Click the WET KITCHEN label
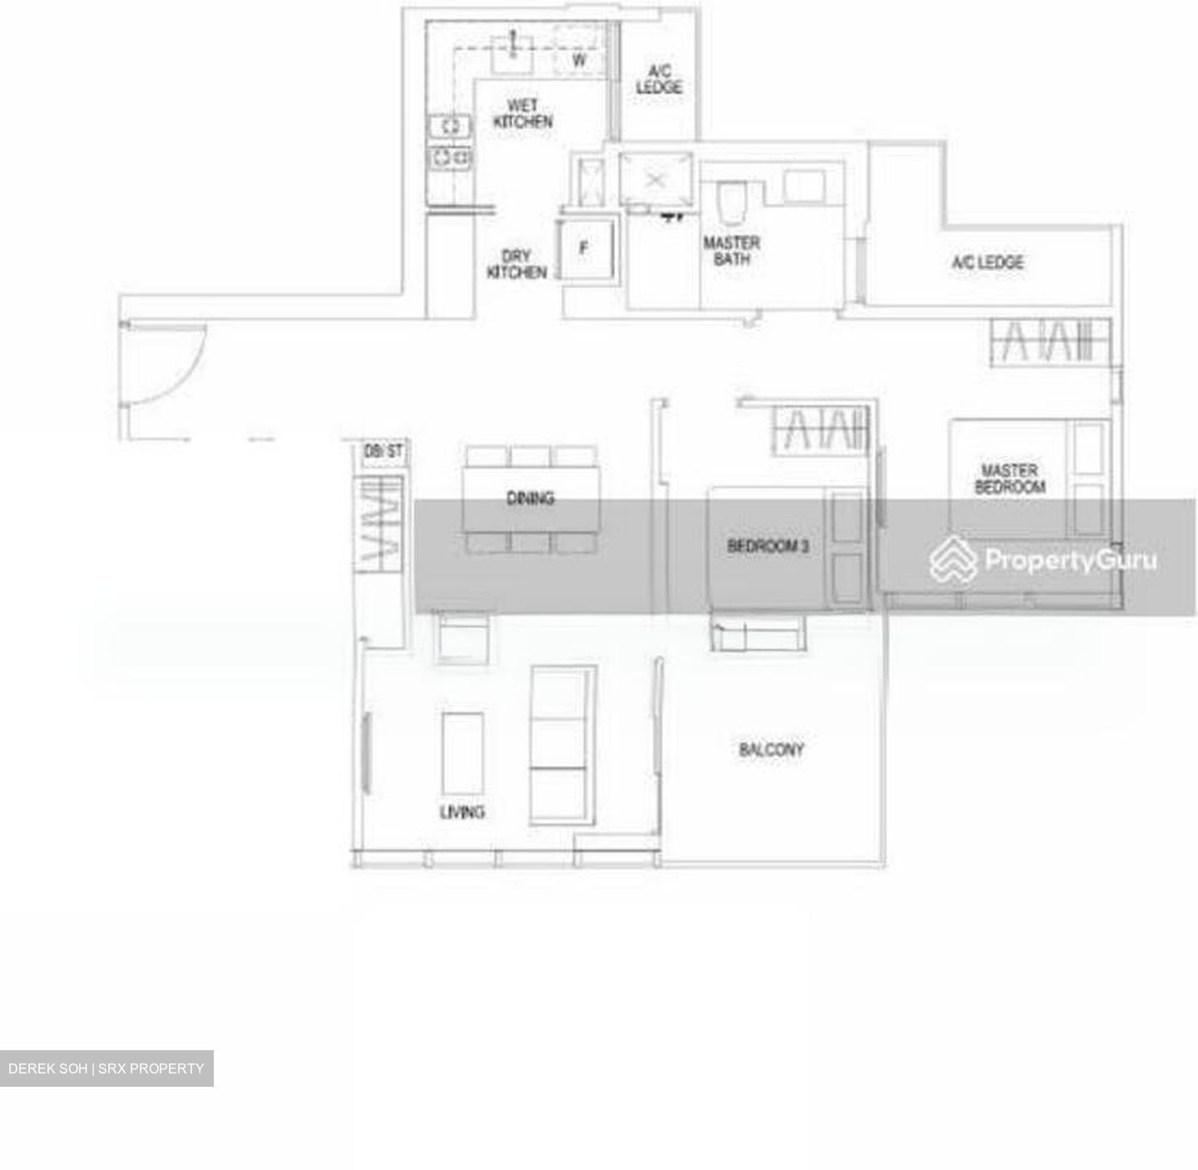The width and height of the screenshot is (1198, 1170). pos(522,113)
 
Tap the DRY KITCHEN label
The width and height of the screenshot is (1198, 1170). pos(517,265)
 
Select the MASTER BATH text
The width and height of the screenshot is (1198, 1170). pos(731,250)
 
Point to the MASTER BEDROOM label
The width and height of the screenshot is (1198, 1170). pos(1009,478)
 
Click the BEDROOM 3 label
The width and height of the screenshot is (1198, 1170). pos(768,547)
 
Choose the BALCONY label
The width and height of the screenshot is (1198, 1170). pos(771,750)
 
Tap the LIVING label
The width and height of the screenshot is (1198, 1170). pos(463,811)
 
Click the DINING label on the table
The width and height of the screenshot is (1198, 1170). pos(530,498)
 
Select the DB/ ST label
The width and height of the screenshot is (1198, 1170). pos(383,451)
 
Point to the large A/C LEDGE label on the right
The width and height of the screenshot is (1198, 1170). pos(988,263)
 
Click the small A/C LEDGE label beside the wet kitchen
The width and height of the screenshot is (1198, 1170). pos(659,79)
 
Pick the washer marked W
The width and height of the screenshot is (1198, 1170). pos(579,60)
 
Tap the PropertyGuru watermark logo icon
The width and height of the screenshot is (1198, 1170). pos(953,559)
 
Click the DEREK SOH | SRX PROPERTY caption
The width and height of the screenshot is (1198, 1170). pos(106,1068)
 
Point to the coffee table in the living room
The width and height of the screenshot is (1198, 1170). pos(463,754)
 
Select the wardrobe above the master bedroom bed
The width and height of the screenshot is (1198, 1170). pos(1051,342)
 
